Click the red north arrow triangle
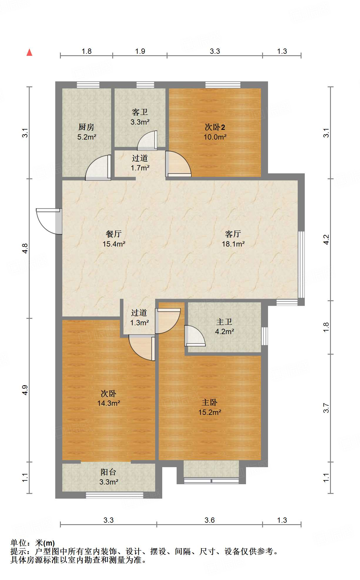[x=29, y=53]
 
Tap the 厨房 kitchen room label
[x=87, y=132]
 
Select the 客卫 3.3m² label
[x=140, y=117]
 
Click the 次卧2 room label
[x=215, y=132]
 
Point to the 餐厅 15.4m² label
[x=114, y=239]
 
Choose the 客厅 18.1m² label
[x=233, y=239]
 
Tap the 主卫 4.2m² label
[x=225, y=326]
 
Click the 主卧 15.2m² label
[x=210, y=407]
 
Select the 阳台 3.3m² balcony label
[x=109, y=477]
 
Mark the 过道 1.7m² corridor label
[x=140, y=163]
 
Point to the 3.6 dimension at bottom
[x=210, y=520]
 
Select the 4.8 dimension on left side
[x=25, y=249]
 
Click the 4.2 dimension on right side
[x=326, y=239]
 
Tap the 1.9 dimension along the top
[x=140, y=51]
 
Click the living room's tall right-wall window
[x=301, y=264]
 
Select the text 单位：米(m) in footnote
[x=33, y=543]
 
